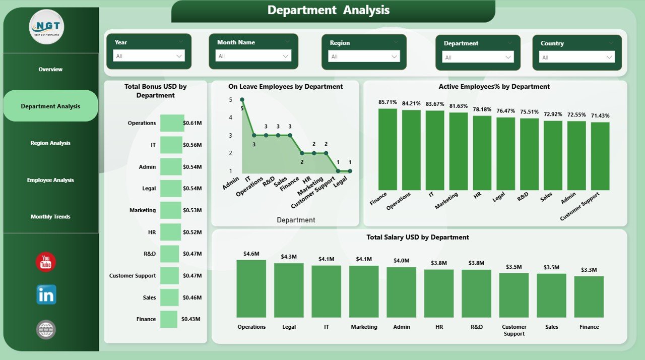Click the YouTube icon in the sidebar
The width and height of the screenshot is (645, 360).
click(x=46, y=262)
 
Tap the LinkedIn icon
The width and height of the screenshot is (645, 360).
click(x=46, y=295)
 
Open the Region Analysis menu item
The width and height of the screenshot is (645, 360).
click(x=50, y=143)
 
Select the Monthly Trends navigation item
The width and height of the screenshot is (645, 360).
click(x=50, y=217)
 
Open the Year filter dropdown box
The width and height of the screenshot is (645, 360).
click(x=149, y=56)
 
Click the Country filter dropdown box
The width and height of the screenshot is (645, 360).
click(x=577, y=57)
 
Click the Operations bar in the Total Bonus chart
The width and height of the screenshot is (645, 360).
click(x=172, y=123)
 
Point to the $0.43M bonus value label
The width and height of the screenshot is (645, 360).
click(x=191, y=319)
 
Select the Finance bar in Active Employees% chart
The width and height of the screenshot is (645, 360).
click(x=388, y=149)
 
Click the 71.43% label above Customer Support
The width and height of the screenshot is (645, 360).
click(x=600, y=116)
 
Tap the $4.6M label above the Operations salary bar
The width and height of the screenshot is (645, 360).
click(x=251, y=254)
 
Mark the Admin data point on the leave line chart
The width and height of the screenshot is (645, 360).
click(x=242, y=100)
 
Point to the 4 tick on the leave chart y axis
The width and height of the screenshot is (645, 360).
click(x=230, y=117)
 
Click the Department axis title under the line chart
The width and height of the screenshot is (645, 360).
click(x=296, y=220)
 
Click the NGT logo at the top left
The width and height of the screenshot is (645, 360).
click(x=46, y=26)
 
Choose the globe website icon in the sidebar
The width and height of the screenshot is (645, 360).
click(x=46, y=330)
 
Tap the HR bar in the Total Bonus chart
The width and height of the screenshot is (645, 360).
click(x=171, y=232)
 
